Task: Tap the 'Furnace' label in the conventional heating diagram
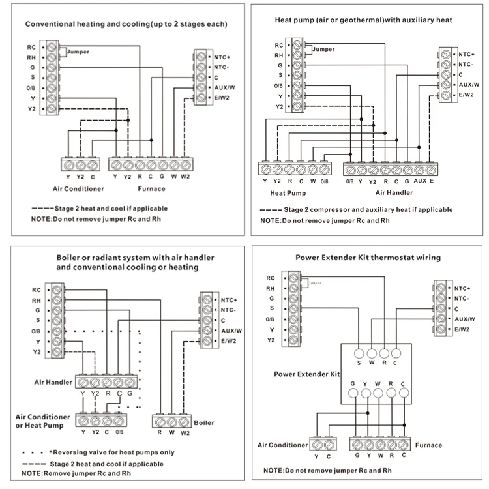click(152, 189)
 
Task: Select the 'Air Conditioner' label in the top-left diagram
click(78, 189)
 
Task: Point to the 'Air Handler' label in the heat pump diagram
click(395, 193)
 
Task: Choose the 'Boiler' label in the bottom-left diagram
click(203, 422)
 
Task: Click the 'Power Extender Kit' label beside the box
click(306, 375)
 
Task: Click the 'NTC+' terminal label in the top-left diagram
click(224, 56)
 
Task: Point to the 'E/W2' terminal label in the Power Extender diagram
click(462, 330)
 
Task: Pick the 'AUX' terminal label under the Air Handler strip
click(420, 181)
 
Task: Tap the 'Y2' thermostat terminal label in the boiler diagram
click(37, 351)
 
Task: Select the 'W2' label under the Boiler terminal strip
click(185, 432)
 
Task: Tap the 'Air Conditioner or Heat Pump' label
click(42, 421)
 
